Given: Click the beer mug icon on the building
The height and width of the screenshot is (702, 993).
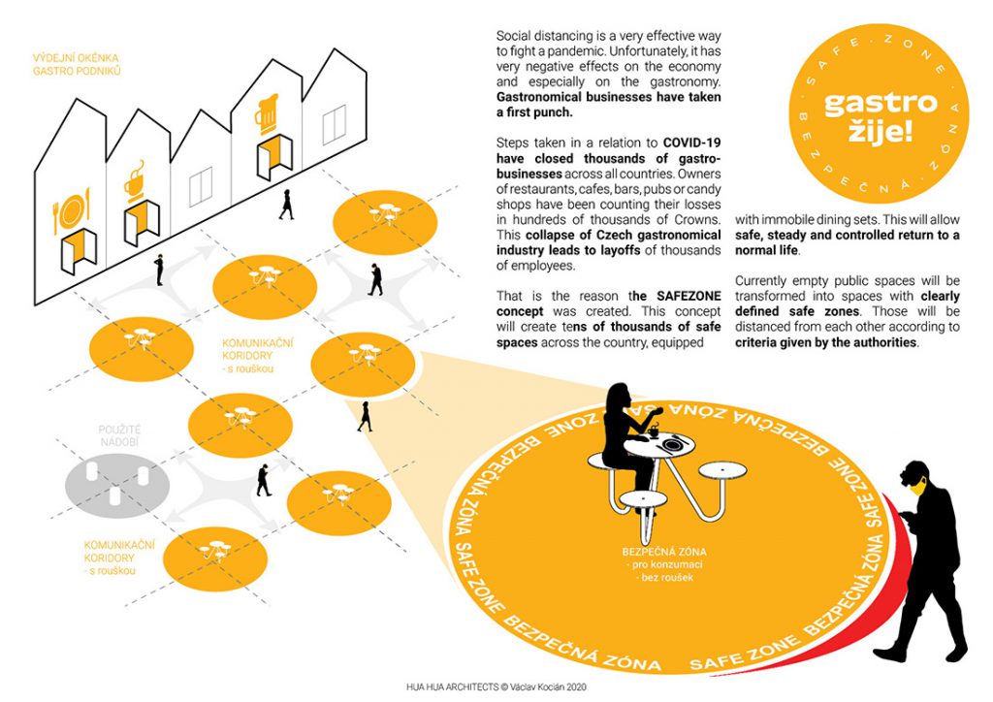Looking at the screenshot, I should click(266, 113).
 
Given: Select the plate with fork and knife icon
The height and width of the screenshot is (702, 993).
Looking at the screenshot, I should click(72, 210).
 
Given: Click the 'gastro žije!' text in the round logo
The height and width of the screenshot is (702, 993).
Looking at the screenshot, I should click(867, 118).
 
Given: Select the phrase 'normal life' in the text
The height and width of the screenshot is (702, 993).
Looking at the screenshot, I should click(768, 250).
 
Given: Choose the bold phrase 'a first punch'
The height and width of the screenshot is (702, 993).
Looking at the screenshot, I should click(536, 112).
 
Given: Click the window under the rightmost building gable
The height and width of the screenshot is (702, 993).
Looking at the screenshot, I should click(334, 123).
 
